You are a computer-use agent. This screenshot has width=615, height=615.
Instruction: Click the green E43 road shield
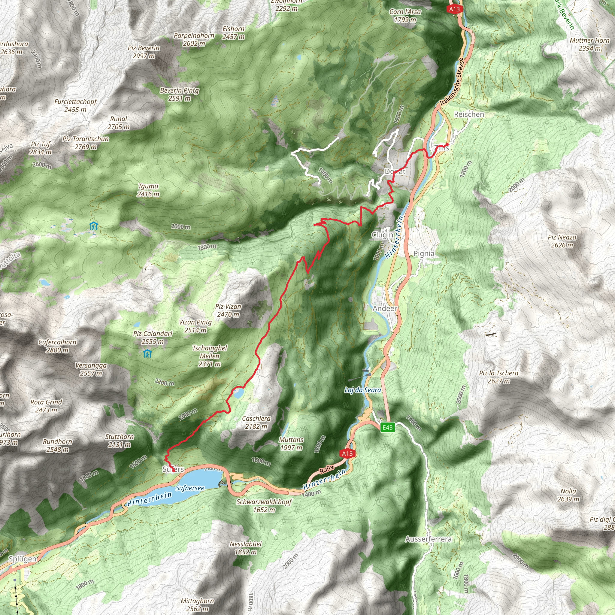tap(387, 427)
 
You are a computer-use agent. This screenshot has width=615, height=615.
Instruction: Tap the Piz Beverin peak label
tap(144, 52)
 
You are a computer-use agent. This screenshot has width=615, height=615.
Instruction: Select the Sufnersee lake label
tap(190, 488)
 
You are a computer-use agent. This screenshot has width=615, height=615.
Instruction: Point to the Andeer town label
tap(385, 308)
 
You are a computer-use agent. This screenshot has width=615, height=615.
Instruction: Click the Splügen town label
tap(23, 559)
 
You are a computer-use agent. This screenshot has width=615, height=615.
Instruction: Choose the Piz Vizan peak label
tap(228, 311)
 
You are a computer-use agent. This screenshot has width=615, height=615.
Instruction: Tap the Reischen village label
tap(469, 114)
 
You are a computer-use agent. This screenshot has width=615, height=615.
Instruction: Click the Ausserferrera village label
tap(428, 539)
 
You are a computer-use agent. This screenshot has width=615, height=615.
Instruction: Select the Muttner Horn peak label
tap(589, 44)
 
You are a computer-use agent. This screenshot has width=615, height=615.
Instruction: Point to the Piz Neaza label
tap(562, 241)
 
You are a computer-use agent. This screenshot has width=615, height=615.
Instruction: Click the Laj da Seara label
tap(362, 390)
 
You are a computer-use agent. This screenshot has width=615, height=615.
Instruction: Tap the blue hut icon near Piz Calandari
tap(147, 354)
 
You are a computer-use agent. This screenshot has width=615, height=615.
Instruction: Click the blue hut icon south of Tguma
tap(94, 226)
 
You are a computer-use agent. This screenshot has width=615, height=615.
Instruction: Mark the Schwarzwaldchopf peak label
tap(264, 505)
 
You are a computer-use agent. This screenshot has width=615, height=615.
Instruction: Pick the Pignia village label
tap(424, 254)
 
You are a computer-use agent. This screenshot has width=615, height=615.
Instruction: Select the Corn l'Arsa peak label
tap(405, 16)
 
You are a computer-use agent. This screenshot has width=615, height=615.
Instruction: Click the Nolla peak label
tap(568, 495)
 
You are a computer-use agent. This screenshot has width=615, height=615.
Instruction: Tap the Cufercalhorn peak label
tap(57, 346)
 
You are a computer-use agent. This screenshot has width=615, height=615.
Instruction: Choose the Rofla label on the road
tap(327, 469)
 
